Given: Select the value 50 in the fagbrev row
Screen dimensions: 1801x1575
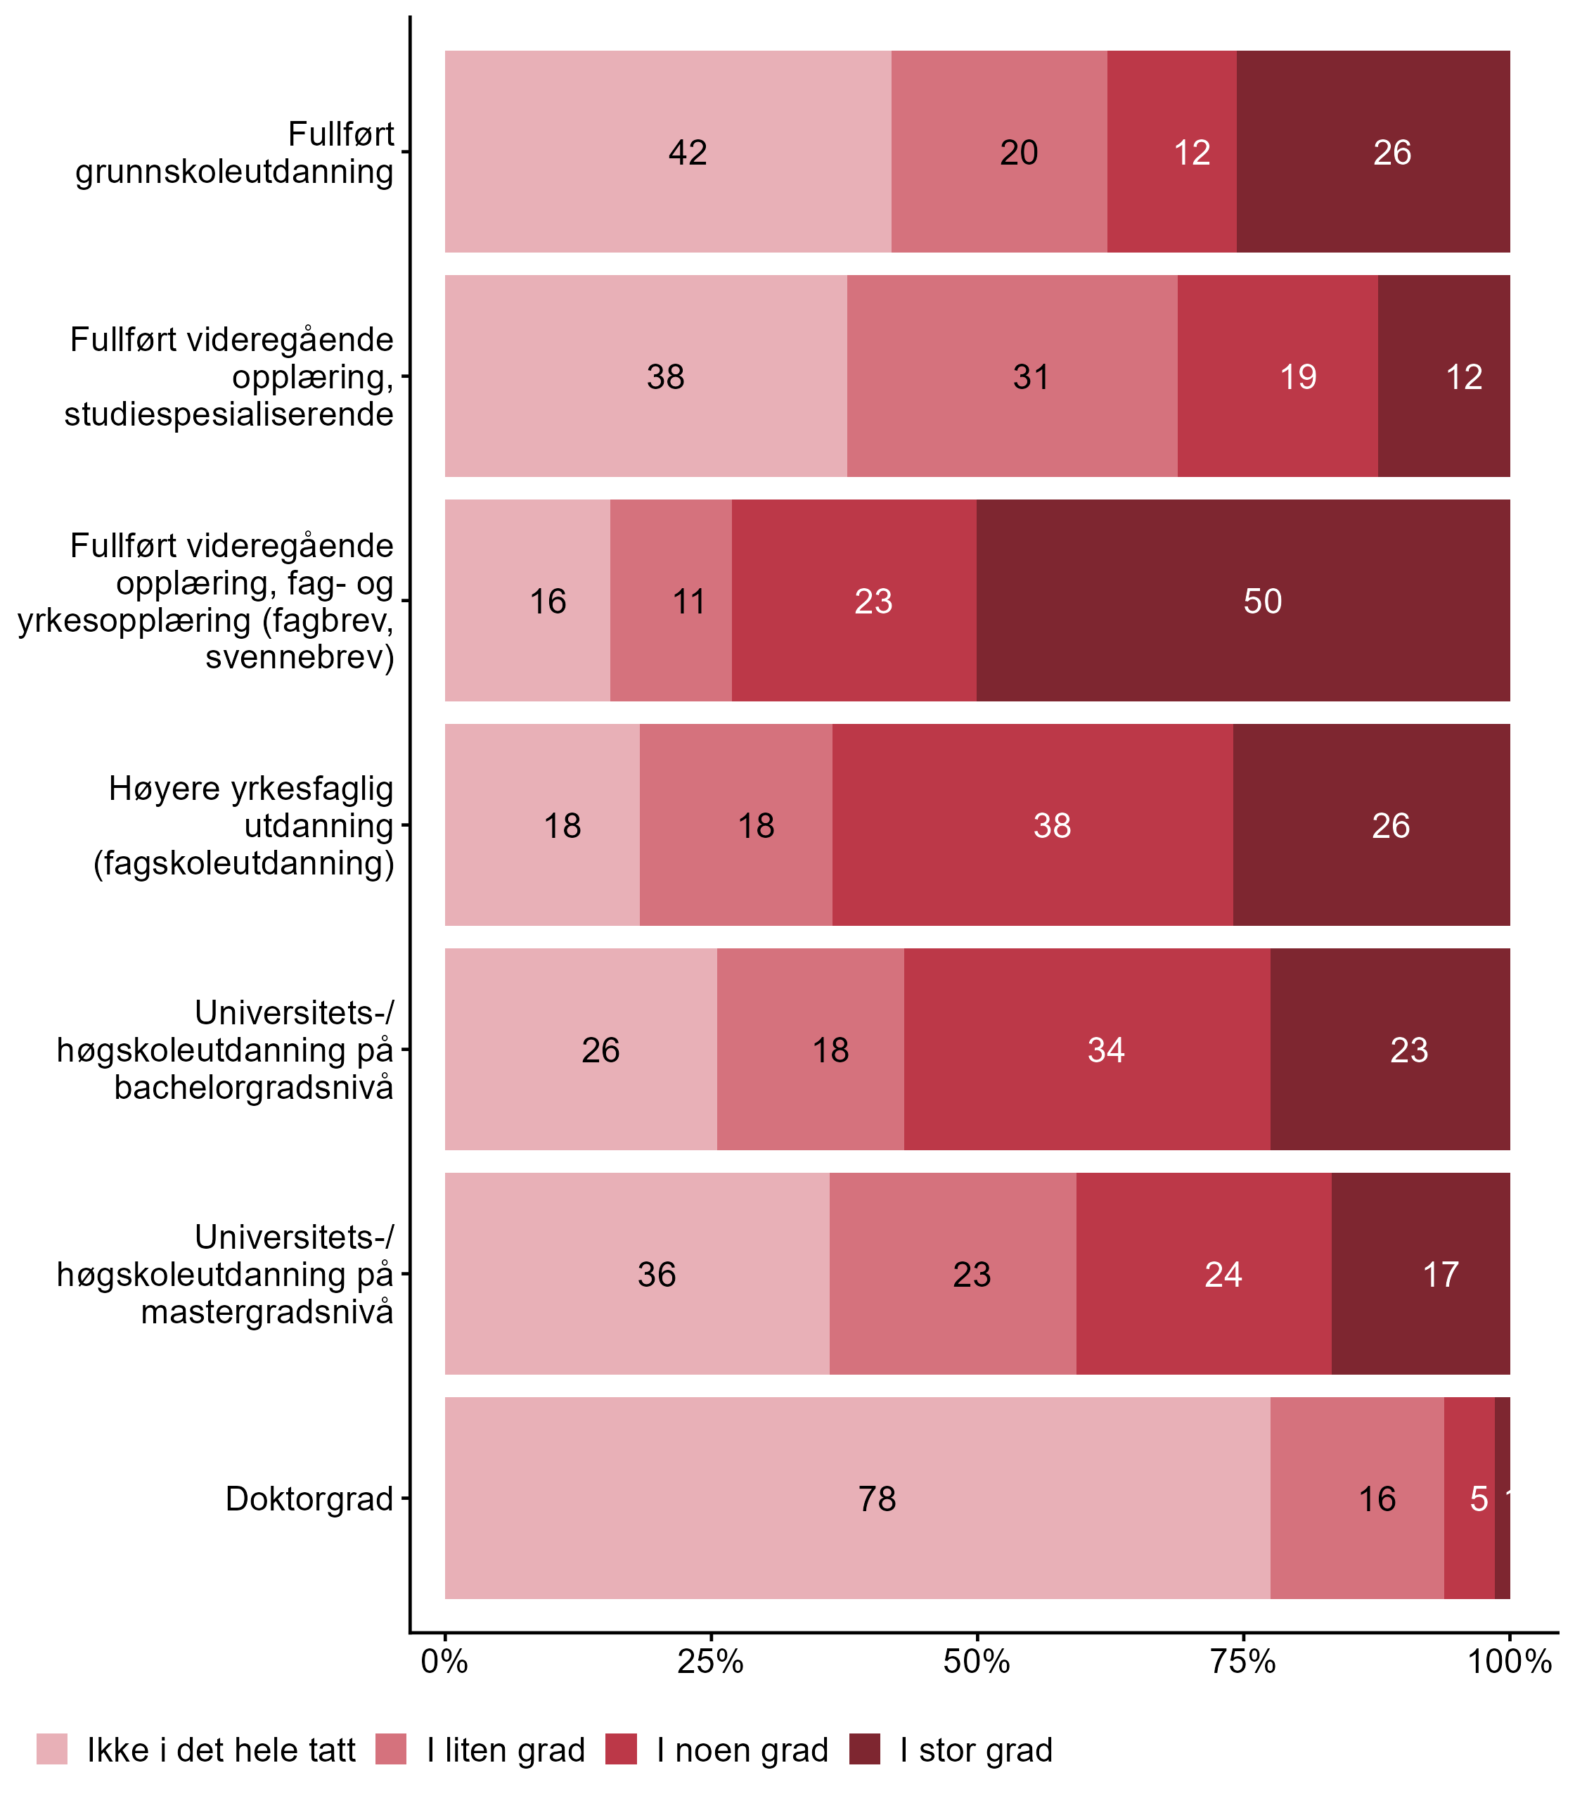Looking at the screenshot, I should pos(1262,602).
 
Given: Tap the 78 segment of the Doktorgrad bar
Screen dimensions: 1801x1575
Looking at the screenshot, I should pos(876,1498).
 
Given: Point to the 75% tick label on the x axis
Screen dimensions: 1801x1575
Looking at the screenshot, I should pos(1243,1662).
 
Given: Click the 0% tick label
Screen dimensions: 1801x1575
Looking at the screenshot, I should pos(444,1662).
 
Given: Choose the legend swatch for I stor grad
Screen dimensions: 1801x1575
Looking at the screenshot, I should pos(864,1750).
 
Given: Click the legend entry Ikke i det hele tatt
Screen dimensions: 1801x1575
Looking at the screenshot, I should pos(221,1751).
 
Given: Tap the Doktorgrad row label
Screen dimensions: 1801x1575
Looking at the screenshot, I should pos(309,1498).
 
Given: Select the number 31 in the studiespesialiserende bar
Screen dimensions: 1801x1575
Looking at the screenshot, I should pos(1031,377).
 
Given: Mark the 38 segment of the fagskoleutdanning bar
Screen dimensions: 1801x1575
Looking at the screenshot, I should pos(1052,826).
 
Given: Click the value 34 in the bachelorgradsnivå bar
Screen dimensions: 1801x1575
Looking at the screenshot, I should pos(1105,1050).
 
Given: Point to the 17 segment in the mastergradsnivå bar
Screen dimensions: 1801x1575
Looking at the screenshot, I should pos(1441,1274).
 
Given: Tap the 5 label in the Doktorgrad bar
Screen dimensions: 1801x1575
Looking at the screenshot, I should pos(1479,1498).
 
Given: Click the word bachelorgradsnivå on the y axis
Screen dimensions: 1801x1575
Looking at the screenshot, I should pos(254,1088).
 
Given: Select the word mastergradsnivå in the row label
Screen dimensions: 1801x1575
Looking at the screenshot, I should pos(267,1312).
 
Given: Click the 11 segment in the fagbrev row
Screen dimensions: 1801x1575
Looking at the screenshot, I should pos(688,602).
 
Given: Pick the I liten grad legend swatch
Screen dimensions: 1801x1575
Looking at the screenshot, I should pos(391,1750).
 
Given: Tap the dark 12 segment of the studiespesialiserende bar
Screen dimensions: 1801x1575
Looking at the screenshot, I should pos(1463,377).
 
